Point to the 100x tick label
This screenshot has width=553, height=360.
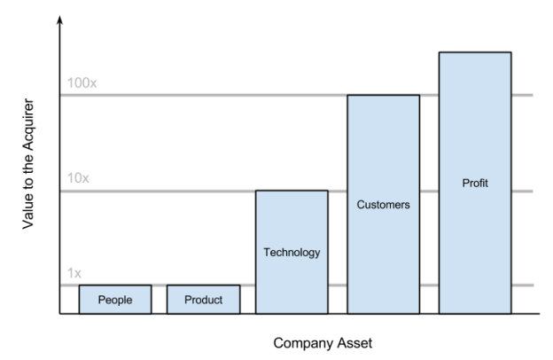(82, 83)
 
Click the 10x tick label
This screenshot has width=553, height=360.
(79, 178)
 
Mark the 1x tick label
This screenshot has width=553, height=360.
(75, 274)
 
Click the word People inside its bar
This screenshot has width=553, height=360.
(115, 300)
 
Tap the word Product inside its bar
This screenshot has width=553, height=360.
(203, 300)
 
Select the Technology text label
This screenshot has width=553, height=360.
(292, 253)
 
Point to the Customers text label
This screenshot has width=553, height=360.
(383, 205)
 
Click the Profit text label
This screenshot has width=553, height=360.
(475, 184)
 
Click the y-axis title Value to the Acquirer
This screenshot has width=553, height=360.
(29, 173)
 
